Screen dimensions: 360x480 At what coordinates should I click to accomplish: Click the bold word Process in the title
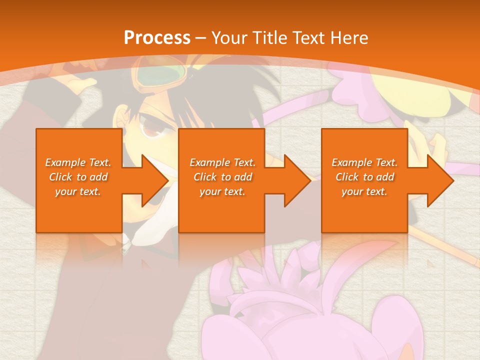tap(157, 38)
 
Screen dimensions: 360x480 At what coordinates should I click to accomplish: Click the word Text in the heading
tap(307, 38)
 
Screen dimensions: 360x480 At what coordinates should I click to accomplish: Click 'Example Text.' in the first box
tap(78, 162)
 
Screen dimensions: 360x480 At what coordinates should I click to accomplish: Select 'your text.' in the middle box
tap(221, 191)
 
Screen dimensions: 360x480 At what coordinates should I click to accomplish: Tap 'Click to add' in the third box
tap(364, 177)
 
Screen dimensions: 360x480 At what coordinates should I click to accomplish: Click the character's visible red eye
tap(150, 129)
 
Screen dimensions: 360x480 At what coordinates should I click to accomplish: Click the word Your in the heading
tap(229, 38)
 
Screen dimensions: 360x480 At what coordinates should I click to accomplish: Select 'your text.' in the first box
tap(78, 191)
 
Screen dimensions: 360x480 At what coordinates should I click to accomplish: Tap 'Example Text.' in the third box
tap(364, 162)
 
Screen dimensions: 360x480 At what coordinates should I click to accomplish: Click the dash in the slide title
tap(201, 38)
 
